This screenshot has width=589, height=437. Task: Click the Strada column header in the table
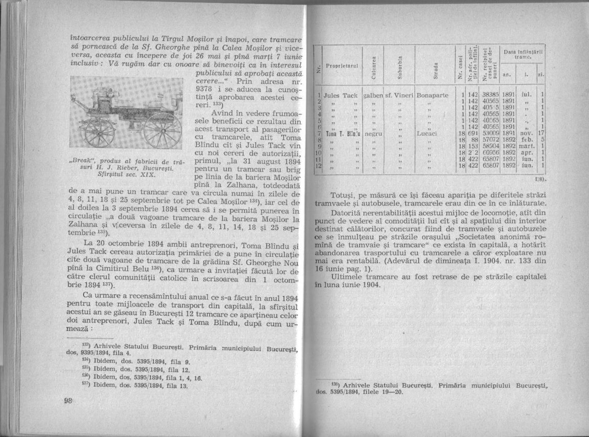[x=436, y=67]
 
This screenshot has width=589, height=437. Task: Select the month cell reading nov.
[x=527, y=132]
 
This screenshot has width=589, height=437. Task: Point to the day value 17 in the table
[x=544, y=132]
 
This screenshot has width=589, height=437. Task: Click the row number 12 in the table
[x=319, y=166]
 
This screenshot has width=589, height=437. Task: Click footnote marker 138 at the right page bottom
[x=333, y=383]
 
